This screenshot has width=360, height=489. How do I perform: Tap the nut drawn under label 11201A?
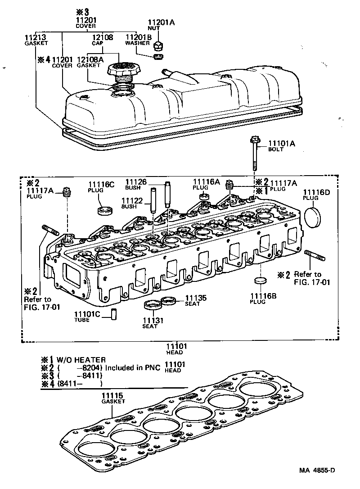(x=158, y=45)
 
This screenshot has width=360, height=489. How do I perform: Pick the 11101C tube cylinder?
(x=114, y=313)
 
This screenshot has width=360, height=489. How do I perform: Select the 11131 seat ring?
(x=153, y=305)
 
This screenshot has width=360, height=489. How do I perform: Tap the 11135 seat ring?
(x=170, y=300)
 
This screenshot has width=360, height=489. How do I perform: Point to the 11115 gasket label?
(x=112, y=398)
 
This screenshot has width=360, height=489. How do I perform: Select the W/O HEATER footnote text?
(x=81, y=359)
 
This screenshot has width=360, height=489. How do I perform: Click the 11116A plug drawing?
(x=203, y=196)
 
